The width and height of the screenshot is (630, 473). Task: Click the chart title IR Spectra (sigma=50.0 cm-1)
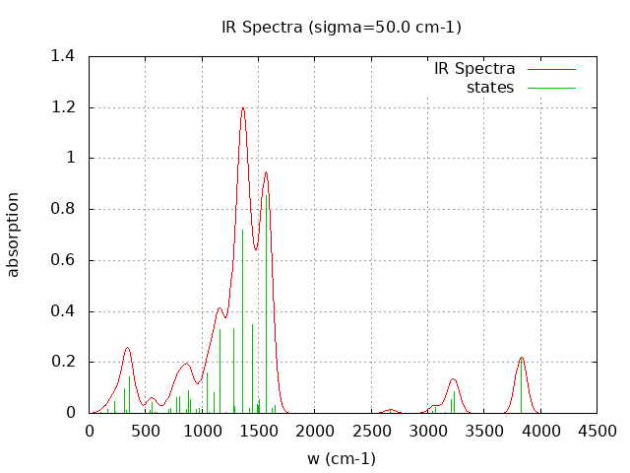[342, 28]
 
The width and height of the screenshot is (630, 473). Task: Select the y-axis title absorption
[14, 235]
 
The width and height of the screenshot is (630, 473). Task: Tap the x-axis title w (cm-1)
[342, 458]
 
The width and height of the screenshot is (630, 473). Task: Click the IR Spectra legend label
[474, 69]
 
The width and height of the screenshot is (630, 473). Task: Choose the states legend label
[490, 88]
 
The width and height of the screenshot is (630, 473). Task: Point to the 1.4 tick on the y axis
[63, 56]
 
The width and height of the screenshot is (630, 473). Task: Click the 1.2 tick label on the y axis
[63, 107]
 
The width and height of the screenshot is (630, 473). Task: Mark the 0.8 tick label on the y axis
[63, 209]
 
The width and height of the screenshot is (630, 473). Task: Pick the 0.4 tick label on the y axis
[63, 311]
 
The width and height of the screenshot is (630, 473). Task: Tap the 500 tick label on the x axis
[146, 431]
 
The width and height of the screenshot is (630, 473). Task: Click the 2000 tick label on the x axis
[315, 431]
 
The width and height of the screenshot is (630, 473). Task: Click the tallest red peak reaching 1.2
[243, 108]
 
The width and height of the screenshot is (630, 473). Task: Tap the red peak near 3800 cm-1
[522, 358]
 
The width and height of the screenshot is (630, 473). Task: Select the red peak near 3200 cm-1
[454, 379]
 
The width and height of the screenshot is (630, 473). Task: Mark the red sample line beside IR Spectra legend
[551, 69]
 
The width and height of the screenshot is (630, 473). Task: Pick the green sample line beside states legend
[551, 88]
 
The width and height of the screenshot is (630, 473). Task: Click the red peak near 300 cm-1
[127, 348]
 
